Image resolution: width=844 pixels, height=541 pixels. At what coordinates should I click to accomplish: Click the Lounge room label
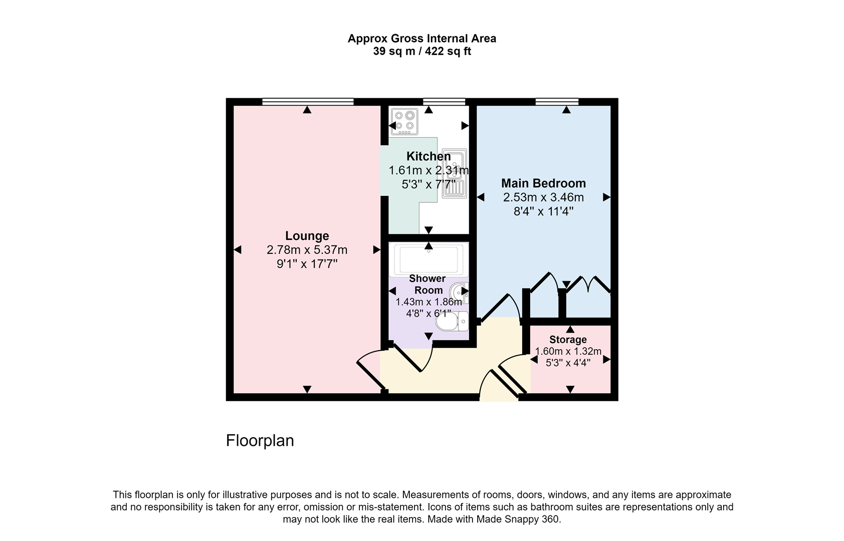[x=307, y=236]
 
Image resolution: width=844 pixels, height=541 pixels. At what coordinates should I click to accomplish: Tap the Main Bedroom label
[x=543, y=183]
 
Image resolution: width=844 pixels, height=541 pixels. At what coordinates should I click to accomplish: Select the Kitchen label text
[x=428, y=157]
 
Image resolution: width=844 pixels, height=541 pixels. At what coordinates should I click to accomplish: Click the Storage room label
[x=567, y=340]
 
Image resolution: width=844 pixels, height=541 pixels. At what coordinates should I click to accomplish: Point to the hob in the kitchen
[x=404, y=122]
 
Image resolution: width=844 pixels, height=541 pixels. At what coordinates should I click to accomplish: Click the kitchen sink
[x=455, y=173]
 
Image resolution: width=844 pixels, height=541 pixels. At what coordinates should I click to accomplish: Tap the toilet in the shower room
[x=452, y=322]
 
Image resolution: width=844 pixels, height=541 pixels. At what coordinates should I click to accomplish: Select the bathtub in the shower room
[x=429, y=258]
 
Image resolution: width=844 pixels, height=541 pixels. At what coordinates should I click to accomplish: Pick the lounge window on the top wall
[x=307, y=102]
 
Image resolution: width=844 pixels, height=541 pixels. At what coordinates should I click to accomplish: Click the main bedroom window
[x=557, y=102]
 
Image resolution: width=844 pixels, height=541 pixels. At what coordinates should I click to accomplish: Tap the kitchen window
[x=444, y=102]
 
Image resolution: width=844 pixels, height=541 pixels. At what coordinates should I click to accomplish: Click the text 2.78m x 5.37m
[x=307, y=250]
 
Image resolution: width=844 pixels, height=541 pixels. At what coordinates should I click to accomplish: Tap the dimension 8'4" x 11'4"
[x=543, y=211]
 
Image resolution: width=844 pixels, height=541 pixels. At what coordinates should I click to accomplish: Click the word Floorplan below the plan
[x=260, y=441]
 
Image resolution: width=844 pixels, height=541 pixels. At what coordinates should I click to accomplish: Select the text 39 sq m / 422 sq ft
[x=422, y=52]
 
